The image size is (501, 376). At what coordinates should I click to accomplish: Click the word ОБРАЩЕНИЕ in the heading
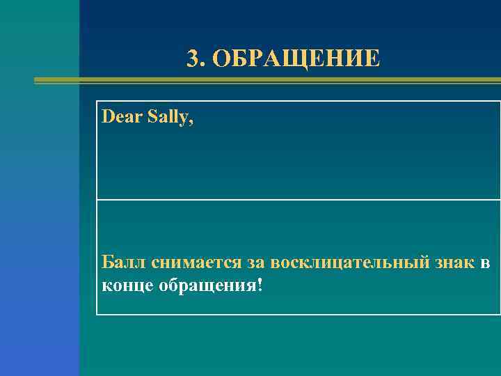pos(297,59)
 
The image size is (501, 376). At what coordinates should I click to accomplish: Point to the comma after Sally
pos(192,122)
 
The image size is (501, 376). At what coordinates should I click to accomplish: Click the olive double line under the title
pos(264,81)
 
